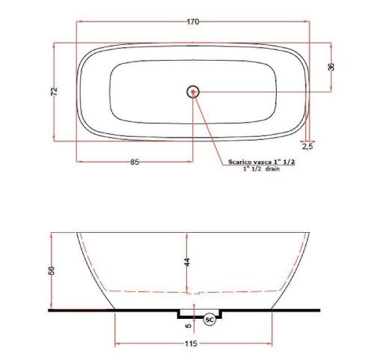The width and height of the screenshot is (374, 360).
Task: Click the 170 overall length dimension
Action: pos(192,22)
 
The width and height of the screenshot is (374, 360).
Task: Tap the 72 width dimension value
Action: pos(54,91)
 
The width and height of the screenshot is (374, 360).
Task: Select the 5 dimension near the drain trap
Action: pos(188,325)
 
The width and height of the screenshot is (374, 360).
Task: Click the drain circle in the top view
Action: pos(193,91)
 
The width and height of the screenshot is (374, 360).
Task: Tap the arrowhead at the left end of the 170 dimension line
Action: pos(78,28)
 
